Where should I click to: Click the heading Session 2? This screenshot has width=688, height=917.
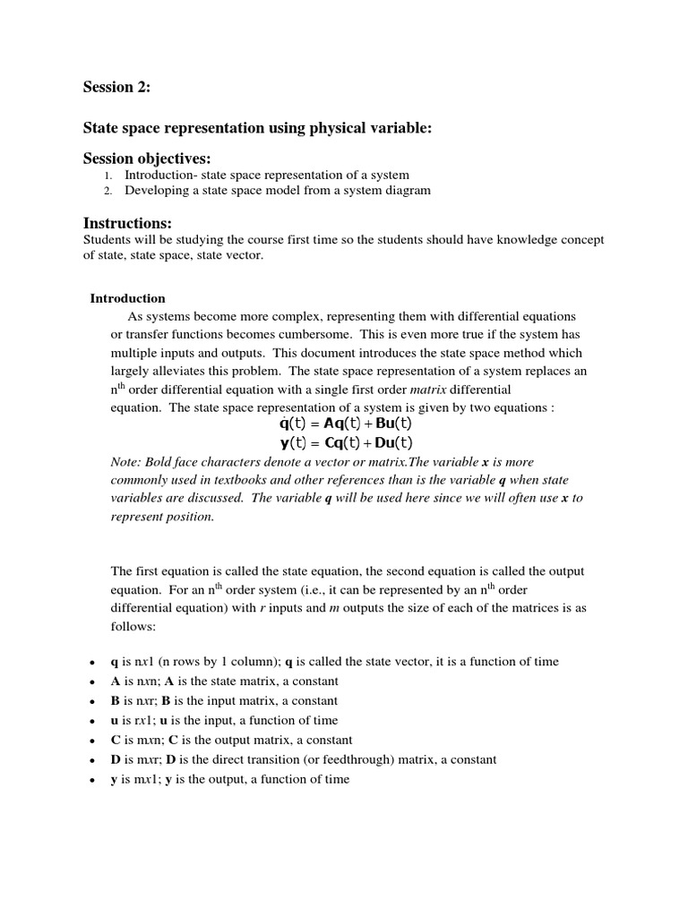click(117, 87)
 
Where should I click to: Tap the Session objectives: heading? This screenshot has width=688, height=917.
click(147, 159)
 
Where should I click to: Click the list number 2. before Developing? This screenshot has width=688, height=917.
click(107, 191)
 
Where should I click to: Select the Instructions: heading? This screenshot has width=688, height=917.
click(127, 223)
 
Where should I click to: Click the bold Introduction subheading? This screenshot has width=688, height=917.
click(127, 298)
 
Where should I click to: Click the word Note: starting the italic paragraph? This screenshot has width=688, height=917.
click(125, 461)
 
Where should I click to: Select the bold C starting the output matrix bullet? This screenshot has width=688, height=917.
click(116, 741)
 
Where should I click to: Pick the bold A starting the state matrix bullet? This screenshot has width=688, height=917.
click(116, 681)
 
